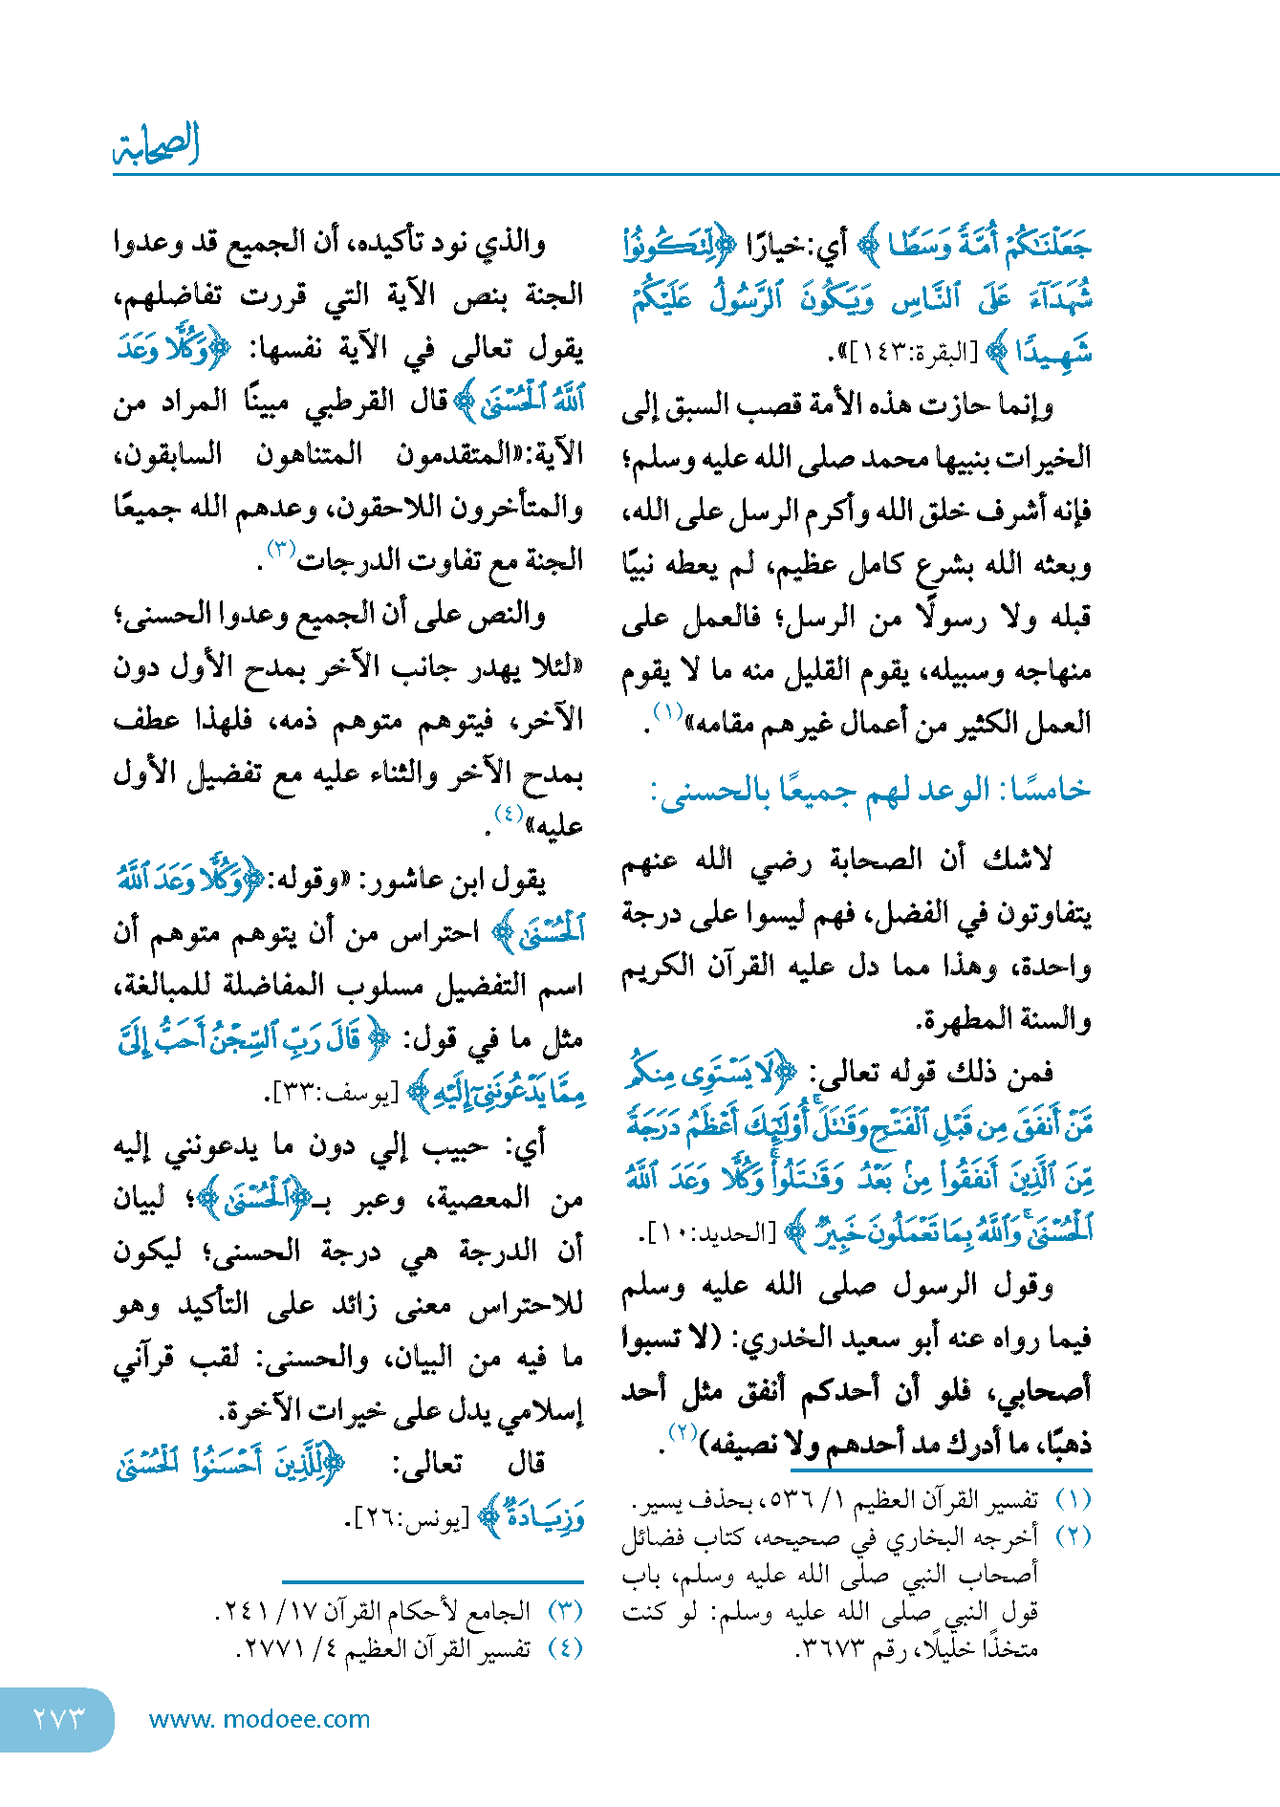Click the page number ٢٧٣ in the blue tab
tap(59, 1718)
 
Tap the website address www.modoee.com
tap(259, 1719)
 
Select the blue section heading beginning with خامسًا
tap(870, 791)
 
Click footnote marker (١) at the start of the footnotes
tap(1073, 1499)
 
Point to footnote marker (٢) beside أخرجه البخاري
tap(1073, 1536)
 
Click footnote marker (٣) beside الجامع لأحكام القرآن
tap(565, 1611)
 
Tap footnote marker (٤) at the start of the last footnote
tap(565, 1647)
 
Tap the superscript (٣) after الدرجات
tap(281, 550)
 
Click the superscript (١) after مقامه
tap(666, 712)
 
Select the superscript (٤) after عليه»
tap(508, 815)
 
